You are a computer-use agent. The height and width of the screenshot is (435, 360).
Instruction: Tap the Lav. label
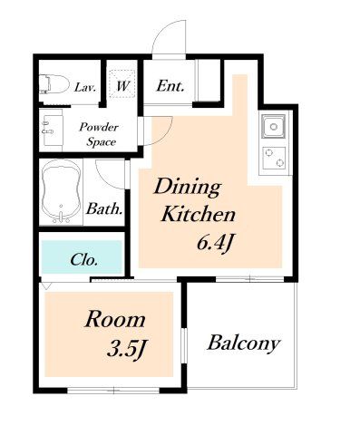85,88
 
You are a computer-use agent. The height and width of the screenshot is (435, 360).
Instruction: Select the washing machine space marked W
122,83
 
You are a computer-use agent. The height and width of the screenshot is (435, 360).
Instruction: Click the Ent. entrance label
170,86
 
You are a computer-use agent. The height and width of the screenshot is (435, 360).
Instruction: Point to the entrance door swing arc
162,29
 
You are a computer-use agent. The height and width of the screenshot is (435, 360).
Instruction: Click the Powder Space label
99,134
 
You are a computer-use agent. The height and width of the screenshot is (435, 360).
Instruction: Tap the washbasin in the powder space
52,130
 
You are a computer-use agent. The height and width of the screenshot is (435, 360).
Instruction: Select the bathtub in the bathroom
62,192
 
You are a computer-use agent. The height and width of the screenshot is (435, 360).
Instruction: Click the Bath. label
105,209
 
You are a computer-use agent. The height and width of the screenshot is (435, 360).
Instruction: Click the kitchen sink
274,126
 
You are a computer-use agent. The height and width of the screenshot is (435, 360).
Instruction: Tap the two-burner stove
274,158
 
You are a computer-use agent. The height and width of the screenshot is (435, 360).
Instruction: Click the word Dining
188,188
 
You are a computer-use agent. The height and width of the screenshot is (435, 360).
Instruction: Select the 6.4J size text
216,243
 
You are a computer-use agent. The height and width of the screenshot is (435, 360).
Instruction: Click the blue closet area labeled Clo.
82,257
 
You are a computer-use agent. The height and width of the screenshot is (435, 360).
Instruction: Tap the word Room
115,320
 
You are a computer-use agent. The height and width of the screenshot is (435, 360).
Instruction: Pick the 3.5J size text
127,350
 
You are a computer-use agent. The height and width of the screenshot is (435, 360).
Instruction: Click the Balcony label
244,343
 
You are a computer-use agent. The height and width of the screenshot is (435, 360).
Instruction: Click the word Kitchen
199,214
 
